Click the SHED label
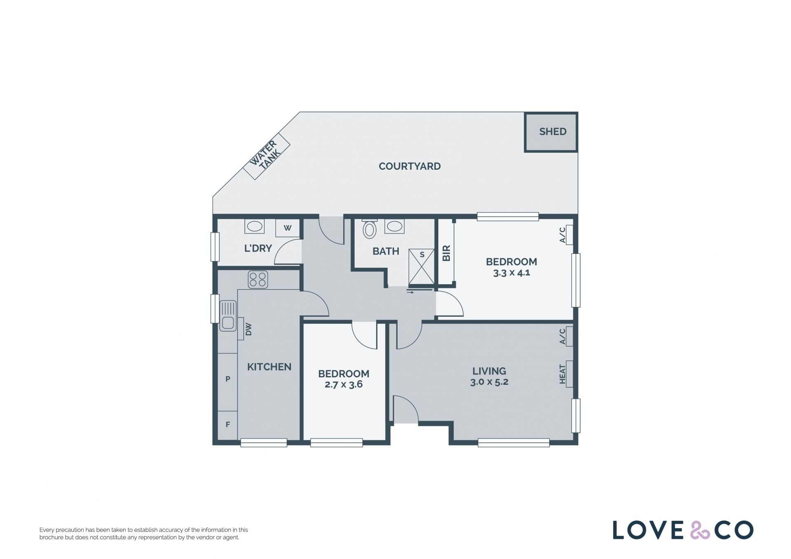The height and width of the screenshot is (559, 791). (552, 132)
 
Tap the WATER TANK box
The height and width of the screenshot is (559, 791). (267, 156)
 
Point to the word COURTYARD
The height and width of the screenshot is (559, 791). (410, 166)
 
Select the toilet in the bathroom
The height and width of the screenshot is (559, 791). (370, 229)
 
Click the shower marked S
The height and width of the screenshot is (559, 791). (421, 267)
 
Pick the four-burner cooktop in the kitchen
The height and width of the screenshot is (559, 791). (258, 279)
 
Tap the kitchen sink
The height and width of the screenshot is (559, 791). (228, 316)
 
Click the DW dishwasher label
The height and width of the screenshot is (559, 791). (248, 329)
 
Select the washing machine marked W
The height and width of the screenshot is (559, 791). (288, 228)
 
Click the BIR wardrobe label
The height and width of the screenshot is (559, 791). (446, 253)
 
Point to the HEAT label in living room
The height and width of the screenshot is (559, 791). (562, 374)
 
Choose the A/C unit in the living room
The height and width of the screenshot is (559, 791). (569, 336)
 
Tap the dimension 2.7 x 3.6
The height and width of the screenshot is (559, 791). (344, 385)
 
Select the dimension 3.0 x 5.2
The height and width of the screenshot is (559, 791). (489, 382)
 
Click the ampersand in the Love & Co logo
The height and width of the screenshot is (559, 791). (700, 530)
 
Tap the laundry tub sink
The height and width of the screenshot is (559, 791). (255, 227)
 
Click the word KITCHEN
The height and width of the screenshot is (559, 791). (269, 367)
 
